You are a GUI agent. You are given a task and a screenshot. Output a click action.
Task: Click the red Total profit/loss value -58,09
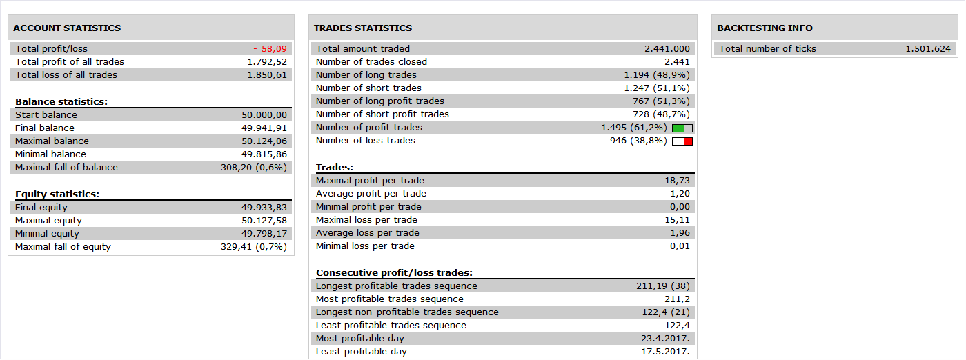(x=270, y=49)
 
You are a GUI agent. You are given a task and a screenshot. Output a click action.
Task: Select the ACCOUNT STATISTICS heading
(x=67, y=28)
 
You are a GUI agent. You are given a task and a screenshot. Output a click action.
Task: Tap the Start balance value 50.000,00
(x=264, y=115)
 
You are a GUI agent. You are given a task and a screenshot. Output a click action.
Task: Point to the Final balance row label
(x=45, y=128)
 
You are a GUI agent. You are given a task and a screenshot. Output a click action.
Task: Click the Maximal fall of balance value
(x=254, y=168)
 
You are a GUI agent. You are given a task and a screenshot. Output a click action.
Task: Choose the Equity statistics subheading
(x=57, y=194)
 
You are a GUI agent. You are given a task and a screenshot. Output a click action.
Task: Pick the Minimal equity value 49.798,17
(x=264, y=234)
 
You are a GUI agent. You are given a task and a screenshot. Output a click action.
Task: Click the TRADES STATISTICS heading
(x=363, y=28)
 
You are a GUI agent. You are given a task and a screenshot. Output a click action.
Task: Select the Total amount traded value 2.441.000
(x=667, y=49)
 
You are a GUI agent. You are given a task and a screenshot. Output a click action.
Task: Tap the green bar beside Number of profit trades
(x=679, y=128)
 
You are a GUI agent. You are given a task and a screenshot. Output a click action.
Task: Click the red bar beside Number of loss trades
(x=689, y=141)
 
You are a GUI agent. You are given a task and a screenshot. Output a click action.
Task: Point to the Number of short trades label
(x=368, y=88)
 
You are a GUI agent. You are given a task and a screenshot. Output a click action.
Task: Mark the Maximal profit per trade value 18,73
(x=677, y=181)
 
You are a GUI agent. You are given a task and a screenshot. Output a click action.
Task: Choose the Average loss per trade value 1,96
(x=680, y=233)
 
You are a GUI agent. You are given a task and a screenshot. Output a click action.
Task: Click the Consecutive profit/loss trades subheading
(x=394, y=273)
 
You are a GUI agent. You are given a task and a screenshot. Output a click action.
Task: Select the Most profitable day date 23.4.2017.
(x=665, y=339)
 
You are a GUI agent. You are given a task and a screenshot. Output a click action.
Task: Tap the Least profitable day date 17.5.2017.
(x=665, y=352)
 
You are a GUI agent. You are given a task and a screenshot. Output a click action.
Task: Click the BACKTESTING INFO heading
(x=765, y=28)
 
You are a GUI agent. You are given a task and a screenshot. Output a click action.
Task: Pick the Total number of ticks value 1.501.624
(x=928, y=49)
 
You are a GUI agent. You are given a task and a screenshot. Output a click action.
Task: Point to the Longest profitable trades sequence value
(x=663, y=286)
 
